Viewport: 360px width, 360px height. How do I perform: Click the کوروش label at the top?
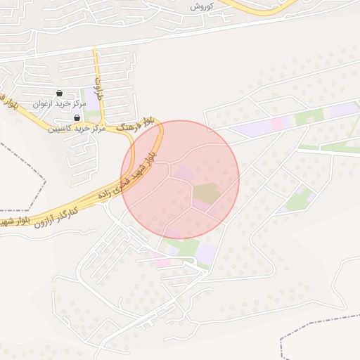tap(202, 6)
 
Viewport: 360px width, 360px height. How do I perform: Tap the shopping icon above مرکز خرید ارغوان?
tap(58, 94)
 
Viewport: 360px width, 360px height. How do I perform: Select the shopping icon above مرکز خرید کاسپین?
tap(77, 118)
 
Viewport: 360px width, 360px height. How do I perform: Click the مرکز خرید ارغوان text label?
tap(58, 104)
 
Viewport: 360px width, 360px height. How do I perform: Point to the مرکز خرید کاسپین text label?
tap(77, 129)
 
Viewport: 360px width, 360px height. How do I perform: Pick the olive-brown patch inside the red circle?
tap(206, 192)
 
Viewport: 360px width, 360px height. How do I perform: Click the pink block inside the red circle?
tap(184, 172)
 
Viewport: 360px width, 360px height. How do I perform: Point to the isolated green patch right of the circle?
tap(299, 200)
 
